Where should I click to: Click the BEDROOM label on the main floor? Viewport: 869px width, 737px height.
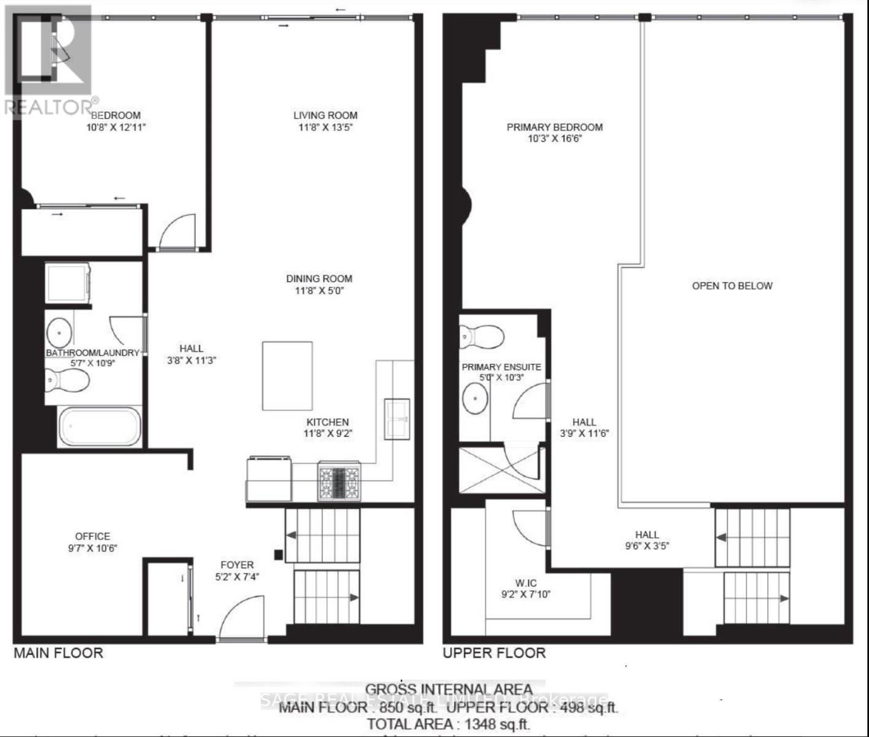pyautogui.click(x=116, y=115)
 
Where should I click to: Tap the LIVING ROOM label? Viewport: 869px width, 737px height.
pyautogui.click(x=325, y=115)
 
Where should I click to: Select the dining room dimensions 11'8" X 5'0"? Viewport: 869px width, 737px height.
pyautogui.click(x=319, y=291)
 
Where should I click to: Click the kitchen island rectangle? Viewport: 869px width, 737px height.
pyautogui.click(x=287, y=376)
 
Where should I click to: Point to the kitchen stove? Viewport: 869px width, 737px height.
pyautogui.click(x=339, y=482)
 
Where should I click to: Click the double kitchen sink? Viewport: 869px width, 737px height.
pyautogui.click(x=396, y=419)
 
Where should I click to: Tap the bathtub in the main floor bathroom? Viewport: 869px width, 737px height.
pyautogui.click(x=99, y=426)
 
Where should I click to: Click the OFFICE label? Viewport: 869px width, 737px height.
pyautogui.click(x=93, y=536)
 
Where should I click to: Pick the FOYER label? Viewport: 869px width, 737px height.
pyautogui.click(x=236, y=565)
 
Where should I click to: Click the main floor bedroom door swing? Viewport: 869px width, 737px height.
pyautogui.click(x=177, y=232)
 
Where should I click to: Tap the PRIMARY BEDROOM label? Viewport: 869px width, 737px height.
pyautogui.click(x=554, y=127)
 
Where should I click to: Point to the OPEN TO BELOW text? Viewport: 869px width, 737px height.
pyautogui.click(x=732, y=286)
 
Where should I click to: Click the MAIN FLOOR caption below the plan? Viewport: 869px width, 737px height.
pyautogui.click(x=58, y=653)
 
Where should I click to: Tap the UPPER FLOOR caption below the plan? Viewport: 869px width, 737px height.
pyautogui.click(x=494, y=653)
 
